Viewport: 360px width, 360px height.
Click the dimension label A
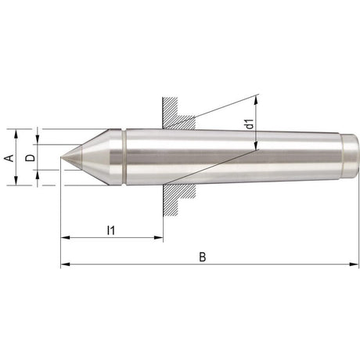(9, 157)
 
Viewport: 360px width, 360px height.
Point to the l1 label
(110, 229)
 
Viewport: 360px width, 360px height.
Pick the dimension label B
(203, 257)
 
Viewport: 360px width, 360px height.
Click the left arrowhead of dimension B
(64, 265)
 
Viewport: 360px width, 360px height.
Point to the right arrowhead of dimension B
(355, 265)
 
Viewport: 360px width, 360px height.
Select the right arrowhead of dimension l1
(160, 237)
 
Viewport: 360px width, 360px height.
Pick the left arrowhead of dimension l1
(64, 237)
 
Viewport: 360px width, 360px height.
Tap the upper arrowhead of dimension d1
(258, 99)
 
